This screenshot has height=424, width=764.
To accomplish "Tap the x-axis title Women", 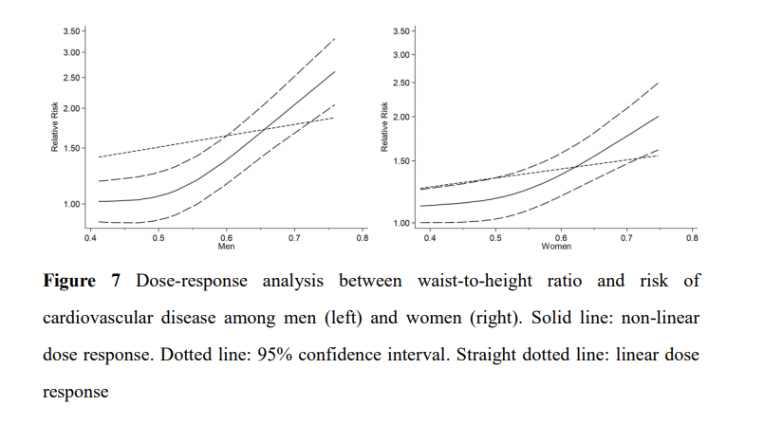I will tap(556, 247).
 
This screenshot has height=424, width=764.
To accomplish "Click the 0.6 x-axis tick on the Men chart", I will tap(226, 238).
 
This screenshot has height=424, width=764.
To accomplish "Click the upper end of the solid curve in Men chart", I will tap(335, 71).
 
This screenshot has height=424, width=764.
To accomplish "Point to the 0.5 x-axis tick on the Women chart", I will tap(495, 238).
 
